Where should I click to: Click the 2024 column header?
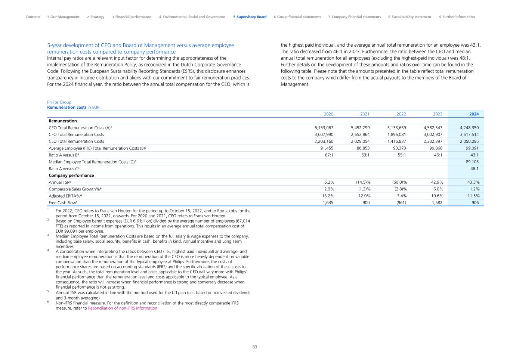tap(474, 114)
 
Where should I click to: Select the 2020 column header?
tap(328, 114)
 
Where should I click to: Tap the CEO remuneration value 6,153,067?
tap(324, 128)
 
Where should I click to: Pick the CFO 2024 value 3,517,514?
tap(469, 134)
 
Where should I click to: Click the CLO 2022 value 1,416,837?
tap(396, 142)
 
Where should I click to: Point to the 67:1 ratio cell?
tap(328, 155)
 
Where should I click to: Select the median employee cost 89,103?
tap(472, 162)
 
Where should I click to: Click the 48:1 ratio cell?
tap(474, 169)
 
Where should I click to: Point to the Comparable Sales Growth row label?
tap(75, 189)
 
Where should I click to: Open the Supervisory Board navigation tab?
tap(250, 17)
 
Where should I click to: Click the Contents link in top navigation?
tap(33, 17)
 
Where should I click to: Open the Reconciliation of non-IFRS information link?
tap(123, 308)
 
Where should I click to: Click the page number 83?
tap(255, 347)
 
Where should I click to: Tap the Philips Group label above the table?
tap(59, 102)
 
